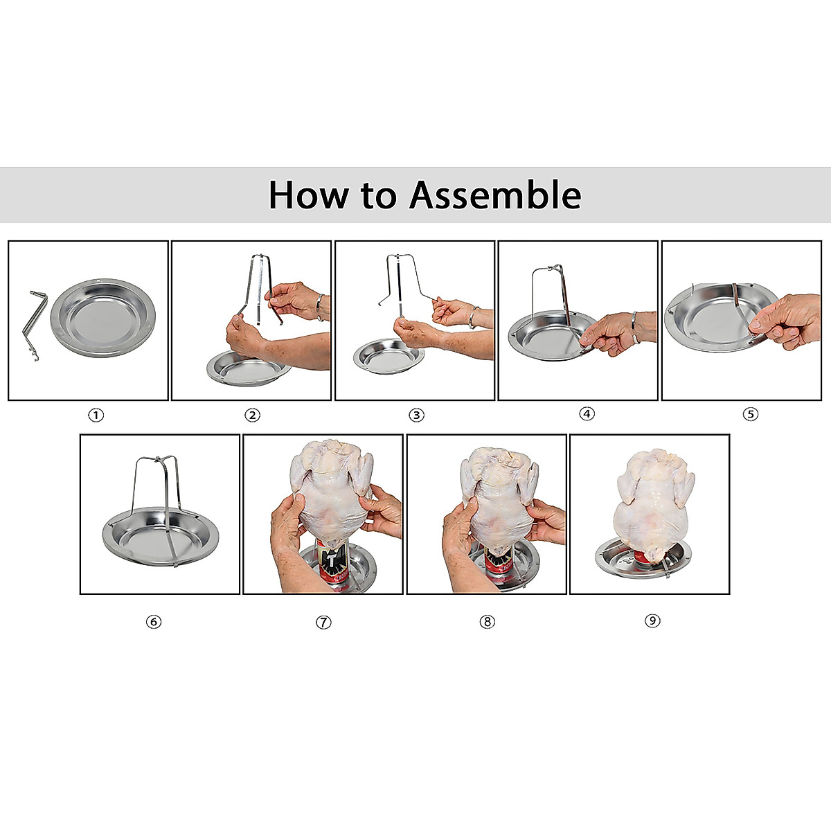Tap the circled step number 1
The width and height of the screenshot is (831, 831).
pyautogui.click(x=96, y=415)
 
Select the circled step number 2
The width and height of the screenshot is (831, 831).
pyautogui.click(x=252, y=415)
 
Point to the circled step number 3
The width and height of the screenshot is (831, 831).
pyautogui.click(x=416, y=415)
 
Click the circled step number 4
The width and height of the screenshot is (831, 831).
pyautogui.click(x=587, y=414)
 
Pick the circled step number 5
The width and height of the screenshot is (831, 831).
pyautogui.click(x=751, y=415)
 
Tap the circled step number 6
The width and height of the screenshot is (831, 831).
pyautogui.click(x=154, y=622)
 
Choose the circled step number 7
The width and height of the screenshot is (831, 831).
pyautogui.click(x=323, y=622)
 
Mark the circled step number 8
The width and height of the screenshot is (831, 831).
pyautogui.click(x=487, y=622)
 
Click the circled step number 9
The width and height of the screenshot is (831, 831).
pyautogui.click(x=652, y=620)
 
